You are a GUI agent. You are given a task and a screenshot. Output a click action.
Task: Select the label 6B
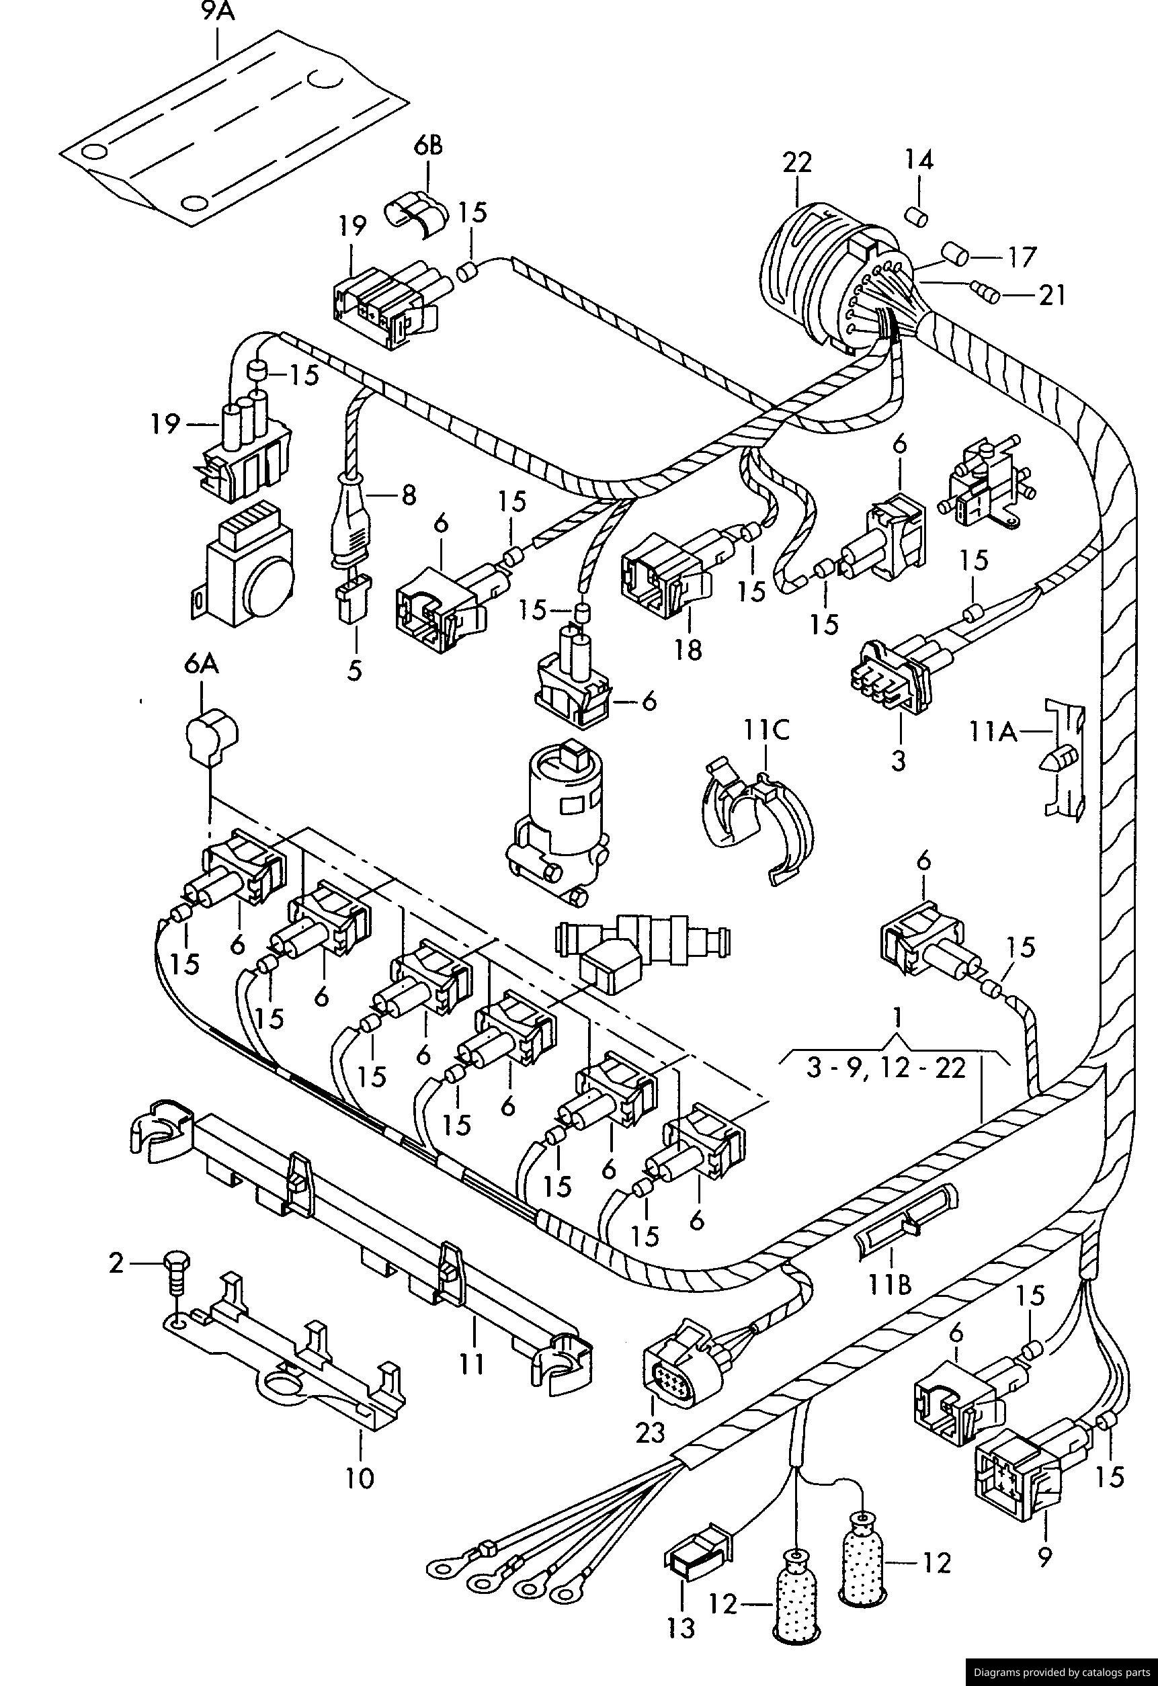pyautogui.click(x=428, y=145)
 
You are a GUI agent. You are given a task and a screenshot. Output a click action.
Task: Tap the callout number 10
pyautogui.click(x=361, y=1478)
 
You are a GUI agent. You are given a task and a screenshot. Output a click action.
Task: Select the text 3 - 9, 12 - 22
pyautogui.click(x=886, y=1068)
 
